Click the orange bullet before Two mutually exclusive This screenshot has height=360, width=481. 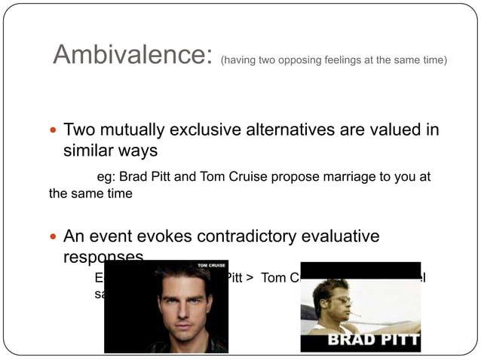pos(54,130)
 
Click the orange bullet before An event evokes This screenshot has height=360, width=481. pos(54,237)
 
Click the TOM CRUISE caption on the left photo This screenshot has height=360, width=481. pos(210,266)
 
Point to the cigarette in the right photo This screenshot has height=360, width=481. pos(354,313)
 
